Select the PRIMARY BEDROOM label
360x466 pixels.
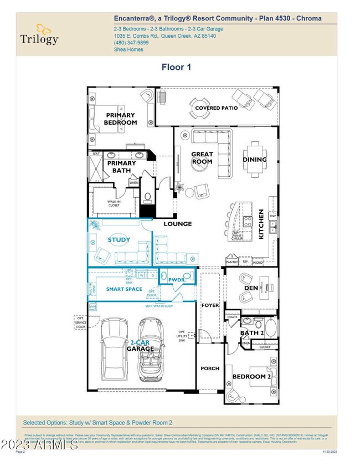[x=121, y=119]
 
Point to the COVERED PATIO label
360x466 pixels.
[x=216, y=108]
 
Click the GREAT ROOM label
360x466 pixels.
[x=202, y=158]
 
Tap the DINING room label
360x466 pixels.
[x=254, y=160]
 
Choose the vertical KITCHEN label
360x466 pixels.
[x=261, y=224]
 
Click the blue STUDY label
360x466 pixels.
[x=119, y=240]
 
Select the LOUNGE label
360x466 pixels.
[x=177, y=224]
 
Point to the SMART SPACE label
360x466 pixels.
[x=125, y=289]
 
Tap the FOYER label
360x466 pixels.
[x=210, y=305]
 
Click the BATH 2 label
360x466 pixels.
[x=251, y=332]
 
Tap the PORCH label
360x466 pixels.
[x=210, y=368]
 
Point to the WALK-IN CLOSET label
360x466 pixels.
[x=114, y=203]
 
